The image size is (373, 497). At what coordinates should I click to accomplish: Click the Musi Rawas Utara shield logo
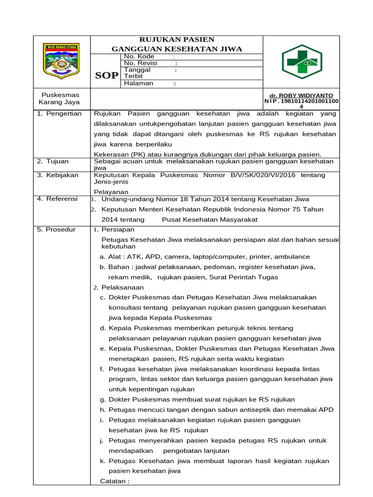point(62,61)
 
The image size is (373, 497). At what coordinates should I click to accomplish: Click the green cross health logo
point(301,62)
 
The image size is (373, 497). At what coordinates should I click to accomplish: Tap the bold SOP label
point(107,76)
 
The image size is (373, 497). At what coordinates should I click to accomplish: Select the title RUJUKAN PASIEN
point(177,39)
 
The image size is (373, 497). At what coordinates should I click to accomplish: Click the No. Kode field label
point(139,56)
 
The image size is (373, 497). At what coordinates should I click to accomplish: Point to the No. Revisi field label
point(141,63)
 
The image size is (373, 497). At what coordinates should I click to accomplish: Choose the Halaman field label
point(139,83)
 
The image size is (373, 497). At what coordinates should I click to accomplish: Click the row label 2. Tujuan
point(53,161)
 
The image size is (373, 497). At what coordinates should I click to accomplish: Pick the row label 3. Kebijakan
point(57,175)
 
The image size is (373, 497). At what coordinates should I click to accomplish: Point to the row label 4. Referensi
point(57,199)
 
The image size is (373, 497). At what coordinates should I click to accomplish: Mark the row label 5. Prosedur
point(56,229)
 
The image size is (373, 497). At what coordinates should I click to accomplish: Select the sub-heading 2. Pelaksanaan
point(119,287)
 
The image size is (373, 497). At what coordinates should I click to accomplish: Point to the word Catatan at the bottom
point(115,481)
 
